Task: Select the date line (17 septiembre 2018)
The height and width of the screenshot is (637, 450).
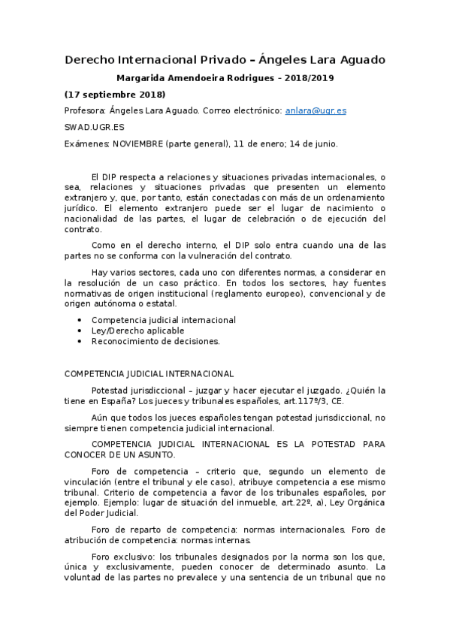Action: pos(115,94)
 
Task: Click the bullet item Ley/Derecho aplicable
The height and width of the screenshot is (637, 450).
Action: pos(134,331)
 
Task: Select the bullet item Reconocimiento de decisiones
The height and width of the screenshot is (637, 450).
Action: pos(156,341)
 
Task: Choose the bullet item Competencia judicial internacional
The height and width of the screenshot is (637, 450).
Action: pos(163,320)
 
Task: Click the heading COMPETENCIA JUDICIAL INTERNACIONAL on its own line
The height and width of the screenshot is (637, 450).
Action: pos(149,373)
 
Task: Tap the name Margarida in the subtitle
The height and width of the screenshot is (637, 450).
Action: pos(145,77)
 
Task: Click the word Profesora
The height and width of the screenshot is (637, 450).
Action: pos(85,110)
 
